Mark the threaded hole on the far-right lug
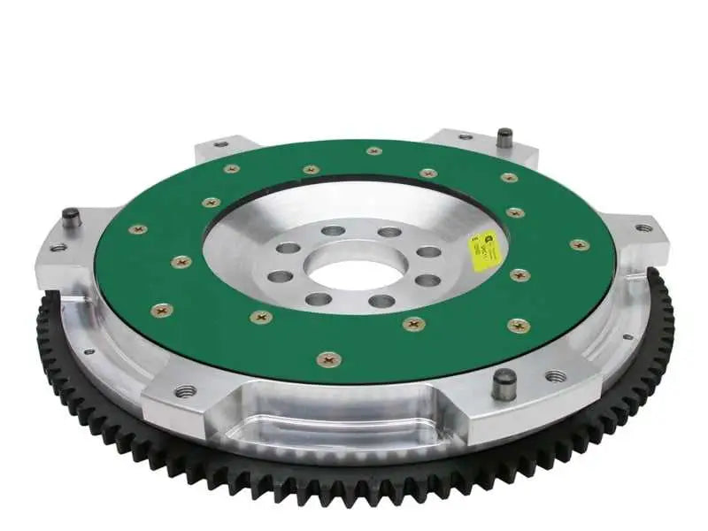(643, 227)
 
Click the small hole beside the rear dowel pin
(464, 137)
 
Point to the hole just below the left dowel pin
(59, 248)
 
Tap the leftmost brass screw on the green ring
(138, 229)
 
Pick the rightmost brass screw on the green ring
(577, 244)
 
